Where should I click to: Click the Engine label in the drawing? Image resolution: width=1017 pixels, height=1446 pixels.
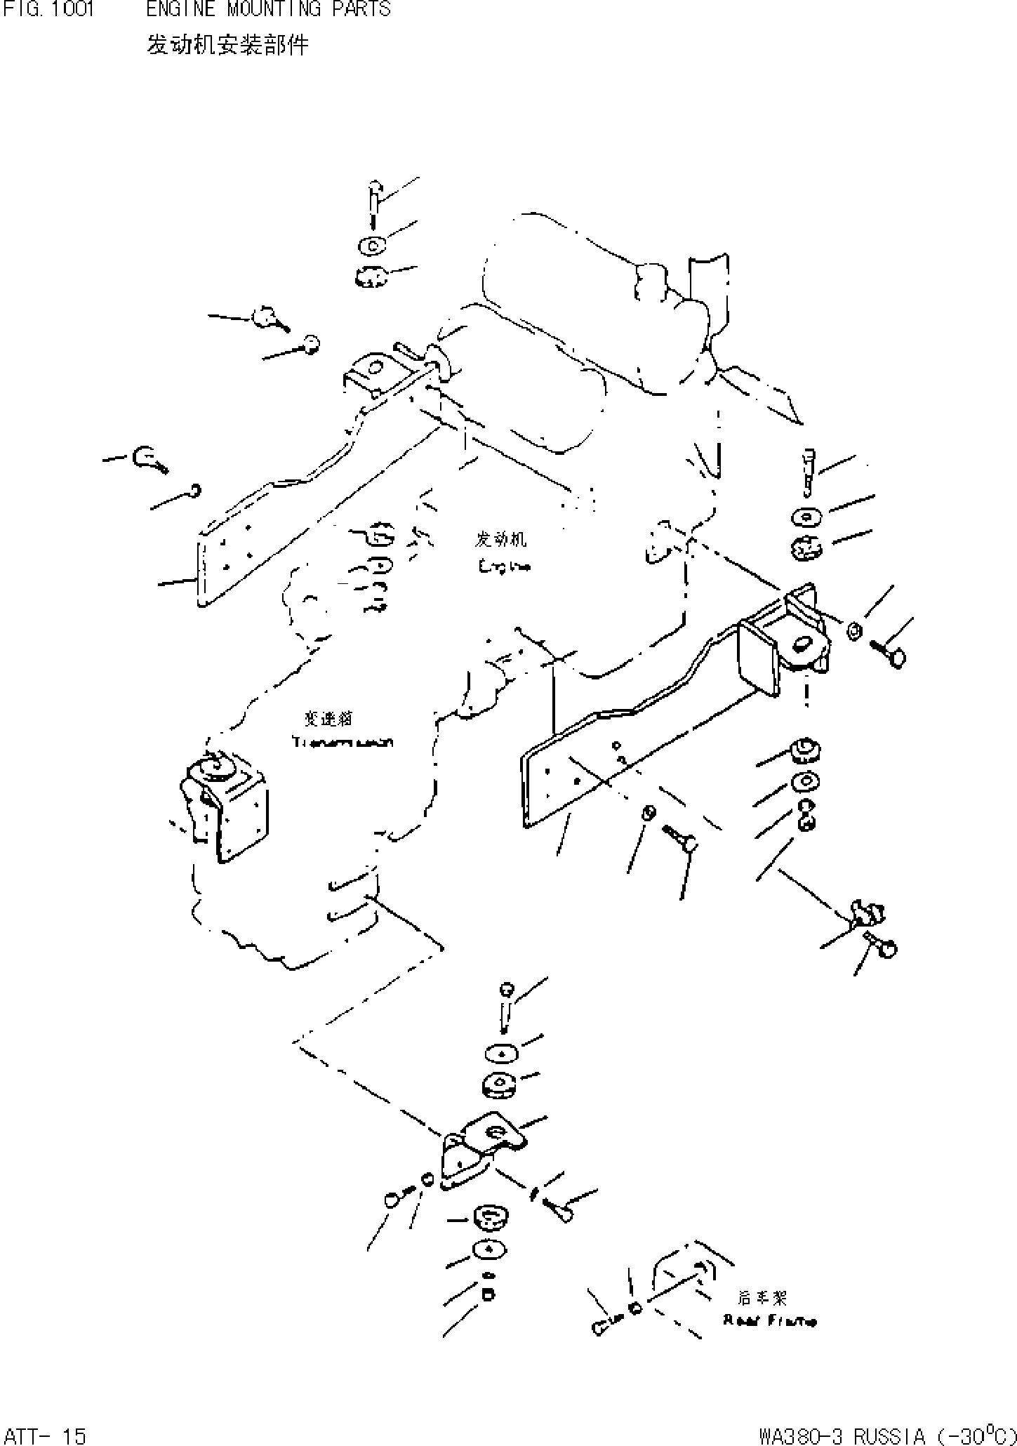pos(503,566)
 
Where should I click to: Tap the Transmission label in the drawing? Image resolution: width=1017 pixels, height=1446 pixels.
pos(343,742)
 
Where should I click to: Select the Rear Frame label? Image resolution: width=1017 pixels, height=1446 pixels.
pos(769,1321)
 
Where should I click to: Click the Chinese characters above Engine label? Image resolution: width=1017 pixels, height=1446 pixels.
pos(501,539)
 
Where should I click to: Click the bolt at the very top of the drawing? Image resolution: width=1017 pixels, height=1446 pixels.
pos(375,199)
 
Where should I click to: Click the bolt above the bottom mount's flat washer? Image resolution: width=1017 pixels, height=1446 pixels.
pos(506,1009)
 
